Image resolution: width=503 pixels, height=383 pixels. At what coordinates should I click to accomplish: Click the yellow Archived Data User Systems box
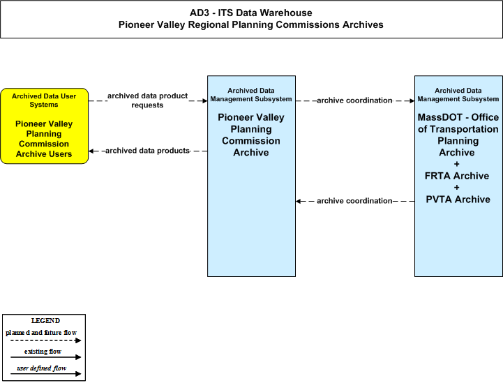pos(44,126)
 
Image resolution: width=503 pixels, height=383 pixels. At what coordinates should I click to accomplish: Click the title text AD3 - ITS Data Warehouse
pos(251,13)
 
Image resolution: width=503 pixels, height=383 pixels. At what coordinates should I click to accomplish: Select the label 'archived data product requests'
pos(148,100)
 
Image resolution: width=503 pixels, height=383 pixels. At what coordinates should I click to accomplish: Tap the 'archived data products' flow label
pos(148,151)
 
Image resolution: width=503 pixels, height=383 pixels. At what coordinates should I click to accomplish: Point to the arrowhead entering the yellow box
pos(91,151)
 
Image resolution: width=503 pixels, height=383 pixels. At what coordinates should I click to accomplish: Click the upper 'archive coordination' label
pos(354,100)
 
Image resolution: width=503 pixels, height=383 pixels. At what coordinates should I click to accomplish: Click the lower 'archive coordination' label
pos(354,201)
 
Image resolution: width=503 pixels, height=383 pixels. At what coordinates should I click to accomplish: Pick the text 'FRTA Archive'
pos(457,176)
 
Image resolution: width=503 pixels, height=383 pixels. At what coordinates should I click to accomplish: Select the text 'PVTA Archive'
pos(458,200)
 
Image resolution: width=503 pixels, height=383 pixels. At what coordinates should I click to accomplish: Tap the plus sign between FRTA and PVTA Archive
pos(457,188)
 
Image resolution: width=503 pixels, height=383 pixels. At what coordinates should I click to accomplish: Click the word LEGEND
pos(45,321)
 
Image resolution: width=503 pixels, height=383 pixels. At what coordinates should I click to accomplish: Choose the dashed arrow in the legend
pos(45,340)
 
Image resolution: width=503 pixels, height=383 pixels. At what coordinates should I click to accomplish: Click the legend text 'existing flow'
pos(43,352)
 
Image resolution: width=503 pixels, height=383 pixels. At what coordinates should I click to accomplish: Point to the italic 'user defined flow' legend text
pos(42,368)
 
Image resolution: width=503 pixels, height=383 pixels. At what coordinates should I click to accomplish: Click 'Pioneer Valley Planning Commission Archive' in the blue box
pos(251,135)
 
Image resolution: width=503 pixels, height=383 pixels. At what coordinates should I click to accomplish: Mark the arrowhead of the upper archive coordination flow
pos(412,100)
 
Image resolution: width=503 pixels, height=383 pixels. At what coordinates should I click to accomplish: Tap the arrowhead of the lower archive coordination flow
pos(299,201)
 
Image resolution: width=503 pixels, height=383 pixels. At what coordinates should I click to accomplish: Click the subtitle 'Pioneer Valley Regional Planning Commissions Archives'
pos(251,24)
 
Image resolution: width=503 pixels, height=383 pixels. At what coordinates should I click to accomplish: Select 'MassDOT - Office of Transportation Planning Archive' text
pos(458,135)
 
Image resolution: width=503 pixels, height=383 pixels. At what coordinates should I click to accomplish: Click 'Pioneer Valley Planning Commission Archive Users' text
pos(44,139)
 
